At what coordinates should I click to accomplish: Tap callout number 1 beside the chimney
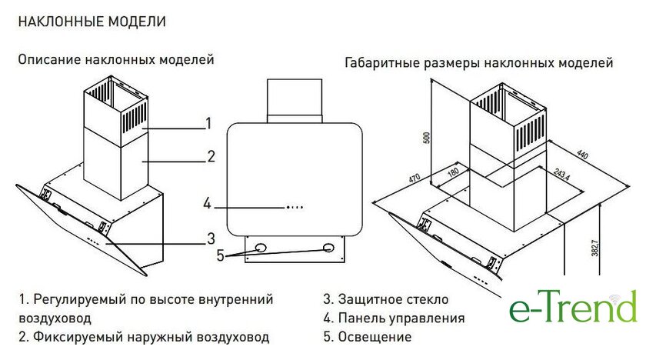click(x=208, y=123)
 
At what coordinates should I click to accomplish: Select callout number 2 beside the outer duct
click(x=211, y=157)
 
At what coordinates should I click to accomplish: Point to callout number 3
click(x=210, y=237)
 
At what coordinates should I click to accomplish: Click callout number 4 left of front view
click(x=207, y=204)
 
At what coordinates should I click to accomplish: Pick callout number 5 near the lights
click(x=221, y=256)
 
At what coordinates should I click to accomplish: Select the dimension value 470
click(x=415, y=180)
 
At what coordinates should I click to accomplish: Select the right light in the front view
click(x=328, y=248)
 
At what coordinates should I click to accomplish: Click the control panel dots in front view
click(x=295, y=206)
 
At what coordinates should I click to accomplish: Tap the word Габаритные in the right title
click(x=382, y=62)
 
